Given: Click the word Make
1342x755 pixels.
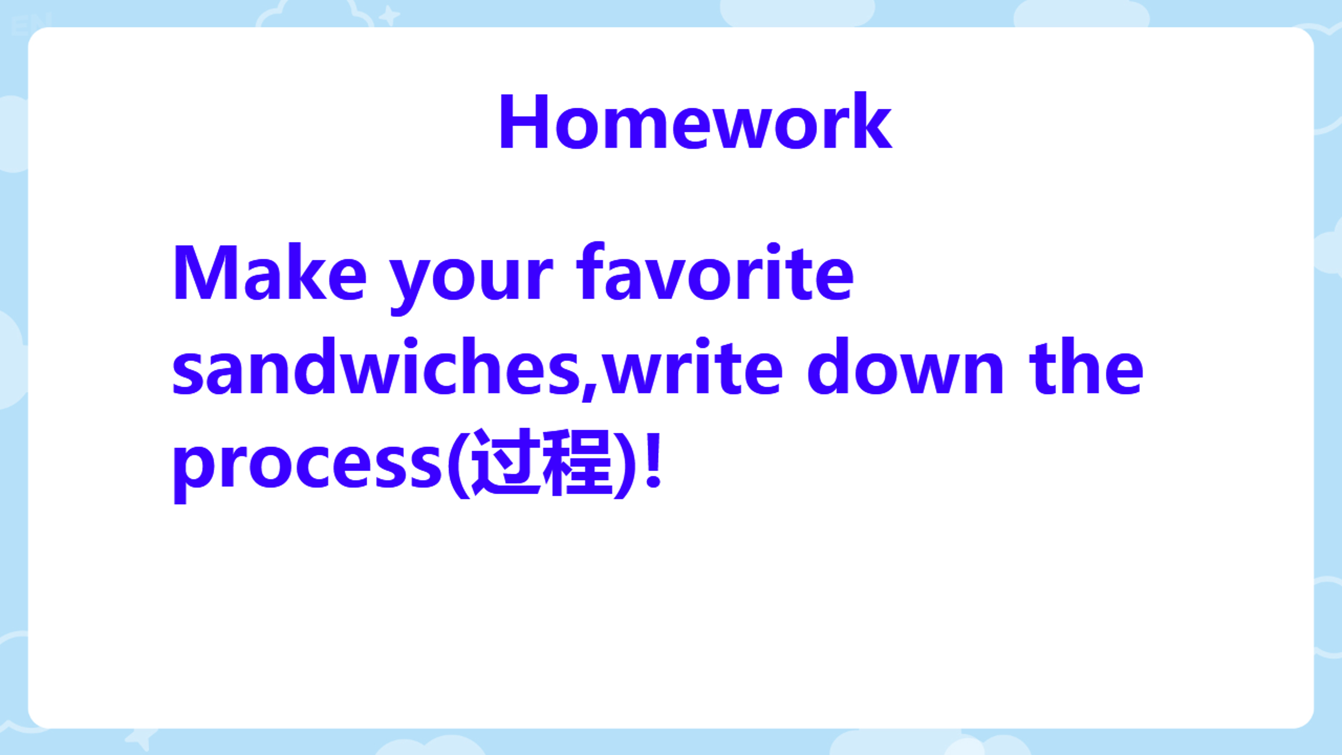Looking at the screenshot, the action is pos(270,272).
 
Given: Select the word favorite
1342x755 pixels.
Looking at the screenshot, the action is pos(715,272).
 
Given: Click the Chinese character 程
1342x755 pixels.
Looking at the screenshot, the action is pos(578,462).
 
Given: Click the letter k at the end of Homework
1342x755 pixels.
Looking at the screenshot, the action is pos(872,120).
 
